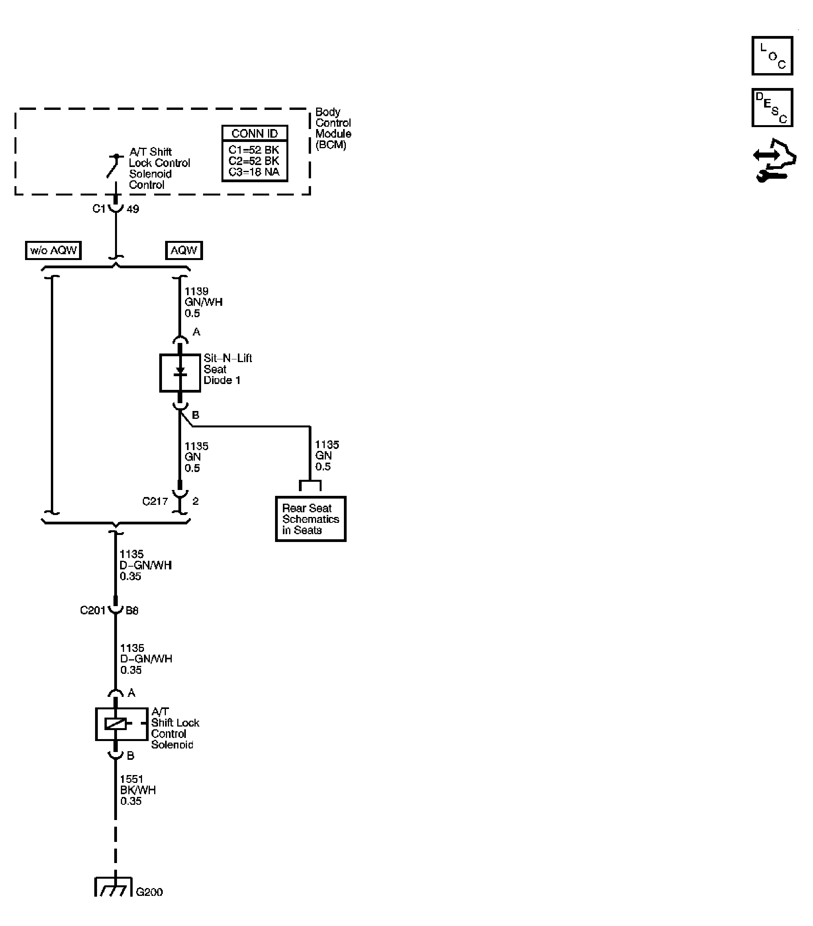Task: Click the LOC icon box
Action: (x=772, y=56)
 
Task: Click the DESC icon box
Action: (x=772, y=108)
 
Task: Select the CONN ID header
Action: (x=254, y=134)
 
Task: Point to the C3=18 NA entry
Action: (x=254, y=172)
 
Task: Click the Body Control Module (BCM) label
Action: (x=333, y=128)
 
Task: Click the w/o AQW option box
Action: (x=53, y=250)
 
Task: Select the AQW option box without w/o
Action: (x=183, y=250)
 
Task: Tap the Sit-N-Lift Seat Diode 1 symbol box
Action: (x=180, y=372)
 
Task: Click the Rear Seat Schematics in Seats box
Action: (x=310, y=519)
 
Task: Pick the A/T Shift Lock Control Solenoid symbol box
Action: (x=121, y=724)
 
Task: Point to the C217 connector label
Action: (x=155, y=501)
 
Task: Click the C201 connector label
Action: (x=92, y=610)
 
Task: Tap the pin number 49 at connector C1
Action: (x=133, y=209)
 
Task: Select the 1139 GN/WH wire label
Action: (x=203, y=302)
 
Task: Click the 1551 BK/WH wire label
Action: (x=137, y=790)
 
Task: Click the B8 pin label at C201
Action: (x=132, y=611)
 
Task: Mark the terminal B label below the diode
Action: (x=195, y=415)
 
